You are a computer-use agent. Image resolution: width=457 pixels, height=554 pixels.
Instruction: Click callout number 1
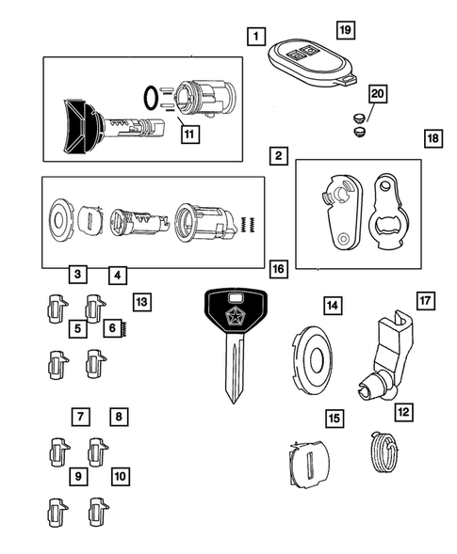(253, 39)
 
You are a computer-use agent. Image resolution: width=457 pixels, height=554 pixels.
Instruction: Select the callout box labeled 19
(345, 31)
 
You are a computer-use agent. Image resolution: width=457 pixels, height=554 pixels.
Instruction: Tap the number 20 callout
(377, 94)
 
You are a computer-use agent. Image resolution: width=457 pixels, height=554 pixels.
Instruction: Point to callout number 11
(189, 135)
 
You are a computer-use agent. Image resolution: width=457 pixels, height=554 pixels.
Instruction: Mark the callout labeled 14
(332, 306)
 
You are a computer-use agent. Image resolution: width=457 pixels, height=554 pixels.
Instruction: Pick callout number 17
(424, 302)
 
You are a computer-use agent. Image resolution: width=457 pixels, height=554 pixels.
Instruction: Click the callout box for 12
(403, 411)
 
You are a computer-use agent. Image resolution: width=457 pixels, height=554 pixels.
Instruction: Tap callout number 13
(141, 302)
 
